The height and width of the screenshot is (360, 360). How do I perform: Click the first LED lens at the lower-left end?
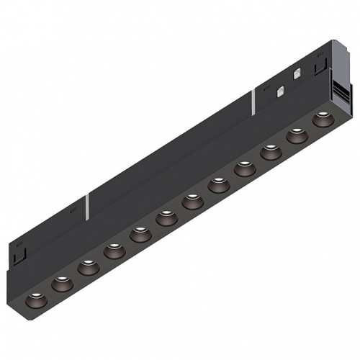pyautogui.click(x=35, y=300)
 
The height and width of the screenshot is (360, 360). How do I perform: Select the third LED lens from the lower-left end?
pyautogui.click(x=86, y=267)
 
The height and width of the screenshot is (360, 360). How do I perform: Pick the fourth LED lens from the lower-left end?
pyautogui.click(x=112, y=251)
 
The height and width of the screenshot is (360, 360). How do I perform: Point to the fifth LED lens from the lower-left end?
pyautogui.click(x=139, y=234)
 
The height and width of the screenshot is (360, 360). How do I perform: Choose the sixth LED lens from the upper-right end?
pyautogui.click(x=192, y=201)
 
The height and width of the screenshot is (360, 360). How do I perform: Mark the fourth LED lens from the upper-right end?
pyautogui.click(x=244, y=168)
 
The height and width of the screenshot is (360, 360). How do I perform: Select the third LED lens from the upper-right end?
pyautogui.click(x=270, y=152)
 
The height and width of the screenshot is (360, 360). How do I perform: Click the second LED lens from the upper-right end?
pyautogui.click(x=296, y=135)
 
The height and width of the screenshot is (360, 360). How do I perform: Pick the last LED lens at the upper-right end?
pyautogui.click(x=322, y=119)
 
